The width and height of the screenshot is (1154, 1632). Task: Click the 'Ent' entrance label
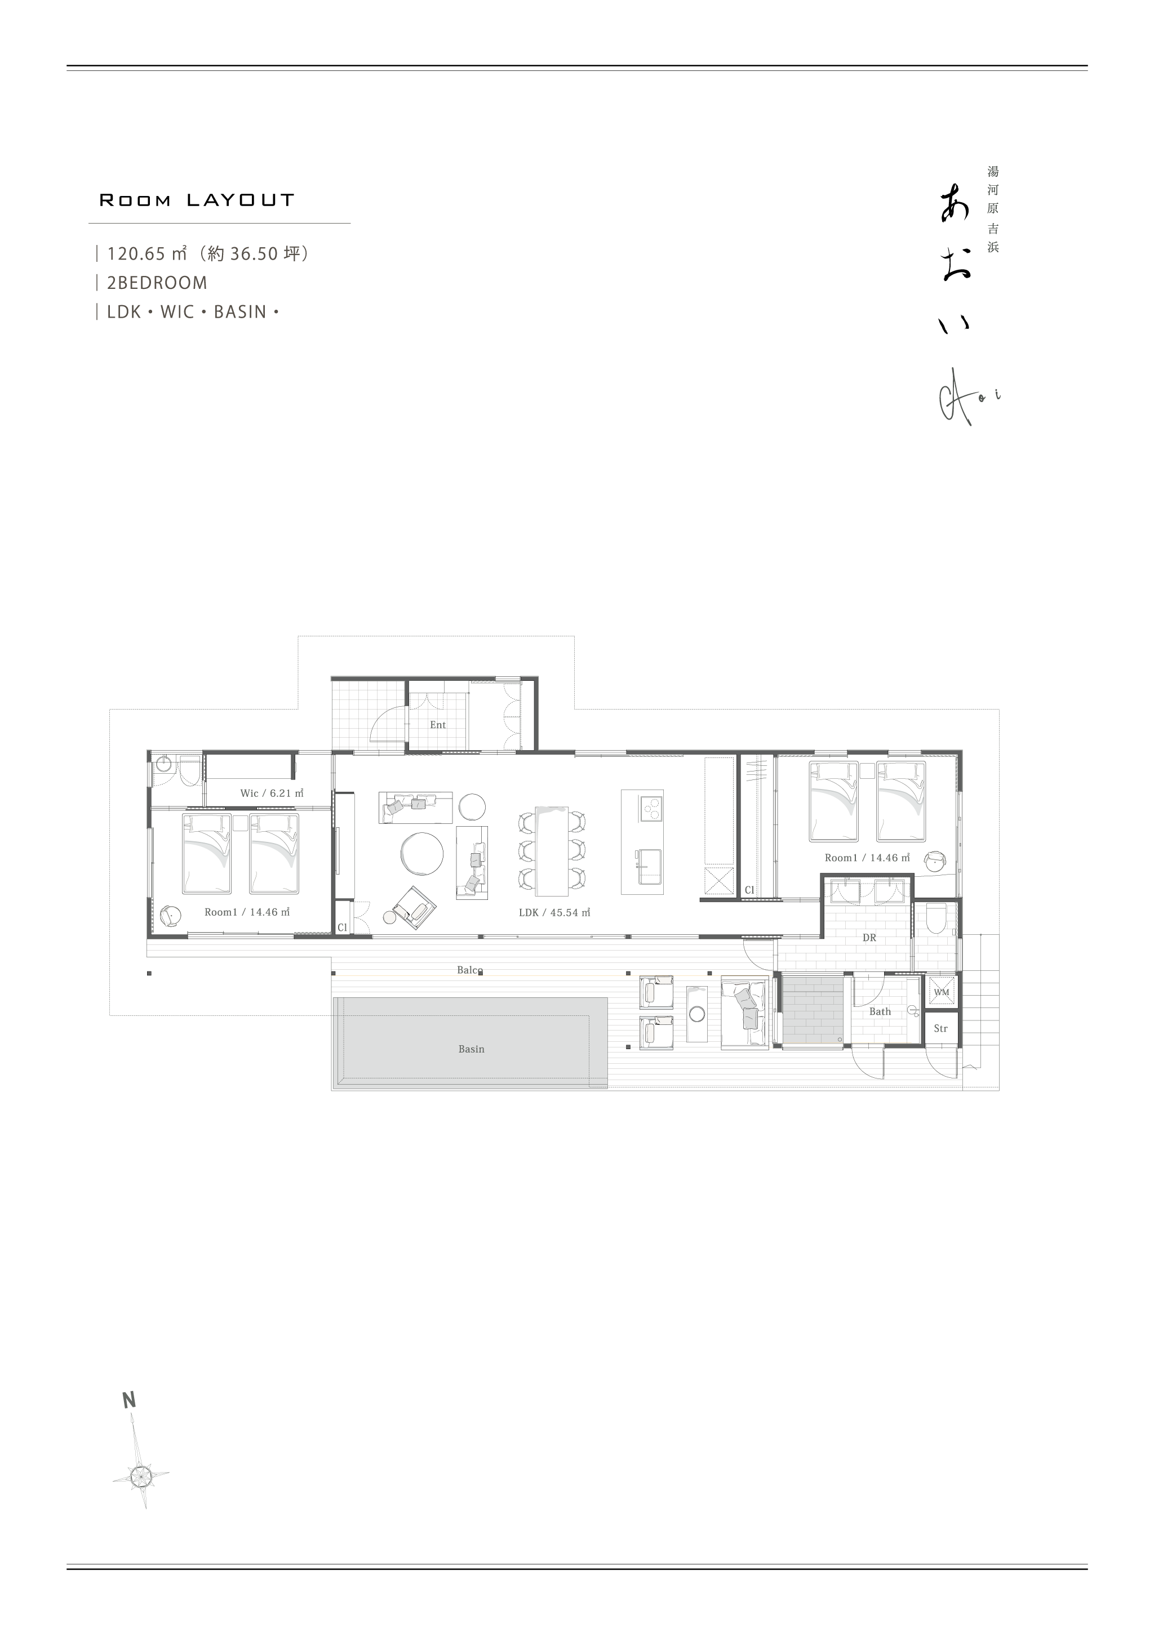(x=437, y=725)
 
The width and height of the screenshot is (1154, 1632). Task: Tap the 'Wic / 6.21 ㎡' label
(x=272, y=793)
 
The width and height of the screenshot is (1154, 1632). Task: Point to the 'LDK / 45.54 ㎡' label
(x=554, y=913)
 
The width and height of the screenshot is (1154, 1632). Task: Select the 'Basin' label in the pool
(x=472, y=1049)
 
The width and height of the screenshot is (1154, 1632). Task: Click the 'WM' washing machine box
(x=942, y=992)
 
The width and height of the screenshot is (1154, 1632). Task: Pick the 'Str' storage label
(x=940, y=1028)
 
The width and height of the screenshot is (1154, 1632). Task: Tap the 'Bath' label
(x=880, y=1011)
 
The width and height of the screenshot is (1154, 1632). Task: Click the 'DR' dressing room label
(x=869, y=938)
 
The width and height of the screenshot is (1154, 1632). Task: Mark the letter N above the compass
(x=128, y=1401)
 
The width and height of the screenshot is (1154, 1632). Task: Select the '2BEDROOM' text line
(x=157, y=283)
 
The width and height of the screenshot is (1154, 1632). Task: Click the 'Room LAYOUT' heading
(x=197, y=200)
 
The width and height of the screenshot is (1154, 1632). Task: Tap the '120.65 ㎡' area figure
(x=147, y=254)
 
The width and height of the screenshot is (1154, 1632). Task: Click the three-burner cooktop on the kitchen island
(x=651, y=809)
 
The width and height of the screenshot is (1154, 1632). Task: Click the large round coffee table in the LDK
(x=421, y=852)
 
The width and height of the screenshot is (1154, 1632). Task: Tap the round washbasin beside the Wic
(x=164, y=765)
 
